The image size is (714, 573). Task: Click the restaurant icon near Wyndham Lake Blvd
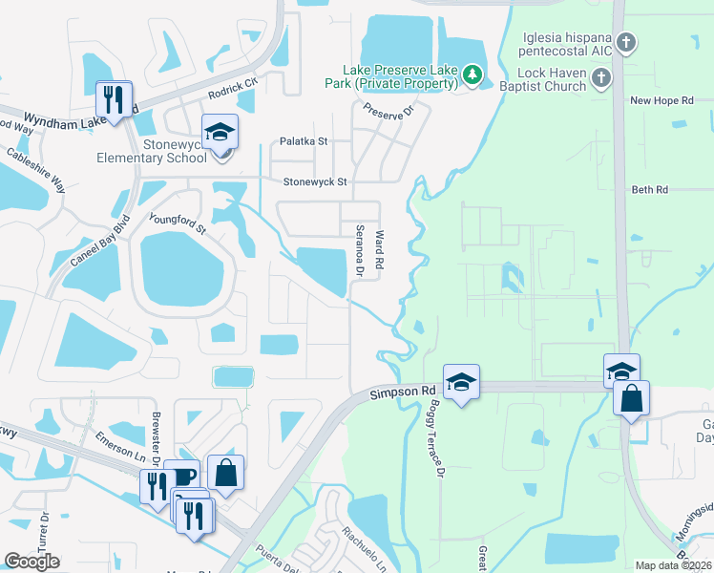pos(114,99)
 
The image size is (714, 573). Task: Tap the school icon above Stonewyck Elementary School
pos(220,134)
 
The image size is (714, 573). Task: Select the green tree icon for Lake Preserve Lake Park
pos(471,74)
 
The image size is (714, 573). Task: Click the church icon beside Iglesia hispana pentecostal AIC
pos(625,42)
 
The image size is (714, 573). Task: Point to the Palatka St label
pos(303,141)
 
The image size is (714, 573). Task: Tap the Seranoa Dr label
pos(360,250)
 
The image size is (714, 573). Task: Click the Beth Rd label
pos(649,190)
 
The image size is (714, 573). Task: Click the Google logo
pos(31,561)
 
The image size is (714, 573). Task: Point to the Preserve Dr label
pos(393,110)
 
